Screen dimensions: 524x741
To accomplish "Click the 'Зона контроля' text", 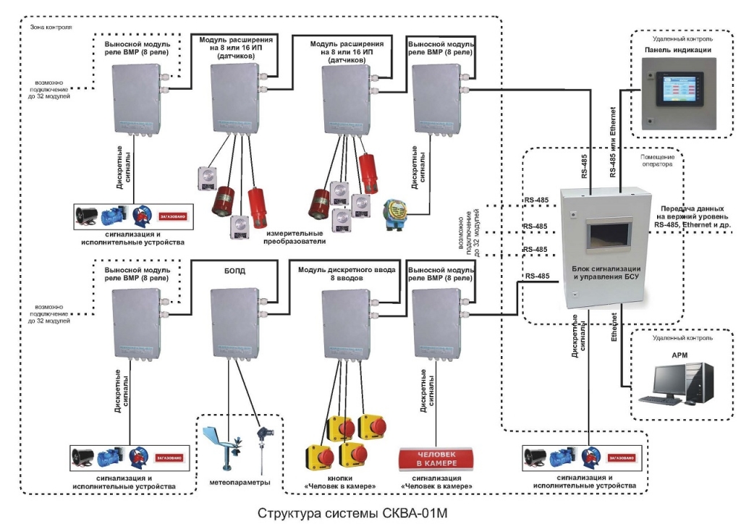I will [51, 28].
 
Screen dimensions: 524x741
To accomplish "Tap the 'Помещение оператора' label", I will [658, 160].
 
